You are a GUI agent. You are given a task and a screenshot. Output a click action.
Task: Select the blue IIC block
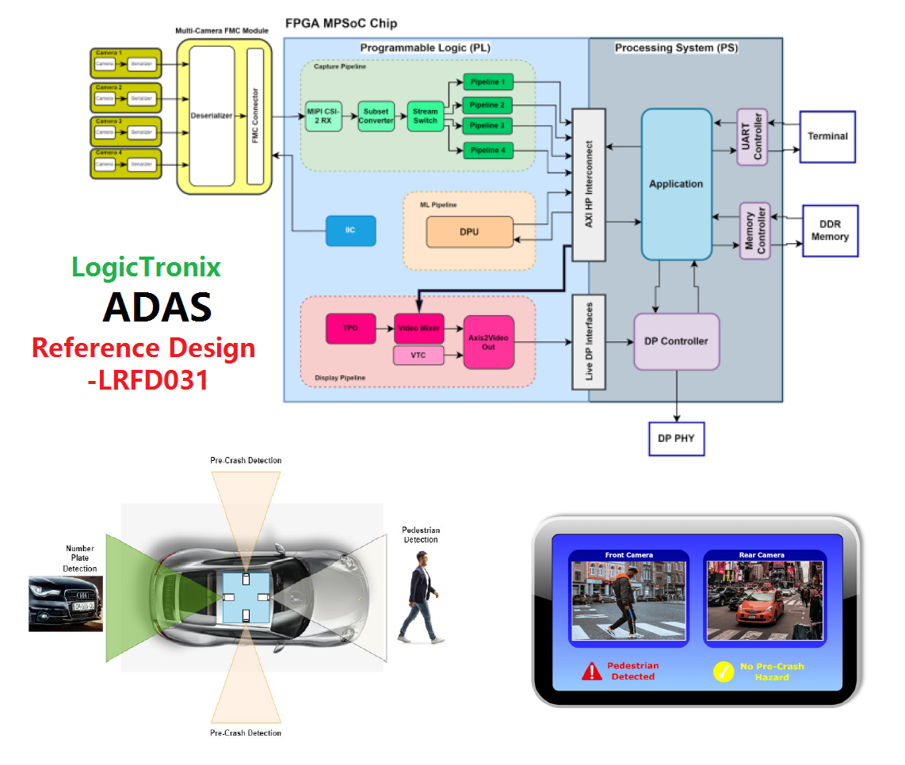tap(349, 230)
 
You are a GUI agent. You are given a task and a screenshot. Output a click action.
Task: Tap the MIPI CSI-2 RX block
tap(323, 116)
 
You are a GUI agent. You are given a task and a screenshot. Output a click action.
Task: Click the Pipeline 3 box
tap(487, 127)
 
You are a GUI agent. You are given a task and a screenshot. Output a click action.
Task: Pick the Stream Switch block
tap(426, 116)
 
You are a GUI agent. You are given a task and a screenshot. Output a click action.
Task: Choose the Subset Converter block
tap(376, 116)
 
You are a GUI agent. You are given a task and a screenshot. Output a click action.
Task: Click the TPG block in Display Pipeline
tap(350, 328)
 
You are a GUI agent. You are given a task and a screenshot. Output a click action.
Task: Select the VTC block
tap(418, 356)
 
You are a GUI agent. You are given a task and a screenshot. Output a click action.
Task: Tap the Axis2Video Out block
tap(489, 341)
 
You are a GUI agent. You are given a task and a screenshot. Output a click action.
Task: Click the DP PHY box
tap(676, 438)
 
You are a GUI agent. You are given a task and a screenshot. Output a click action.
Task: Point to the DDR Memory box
tap(830, 230)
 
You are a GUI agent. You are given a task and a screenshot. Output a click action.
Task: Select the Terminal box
tap(827, 136)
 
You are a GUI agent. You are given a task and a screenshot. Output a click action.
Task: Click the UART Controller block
tap(752, 137)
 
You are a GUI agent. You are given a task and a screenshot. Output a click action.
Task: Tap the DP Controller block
tap(676, 341)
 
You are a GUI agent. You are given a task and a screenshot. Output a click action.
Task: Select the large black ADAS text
tap(157, 307)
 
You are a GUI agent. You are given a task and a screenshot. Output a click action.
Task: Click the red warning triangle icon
tap(592, 672)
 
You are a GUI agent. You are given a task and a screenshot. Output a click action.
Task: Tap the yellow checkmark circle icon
tap(724, 672)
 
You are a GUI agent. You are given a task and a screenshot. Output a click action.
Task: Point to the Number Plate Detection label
tap(80, 558)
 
